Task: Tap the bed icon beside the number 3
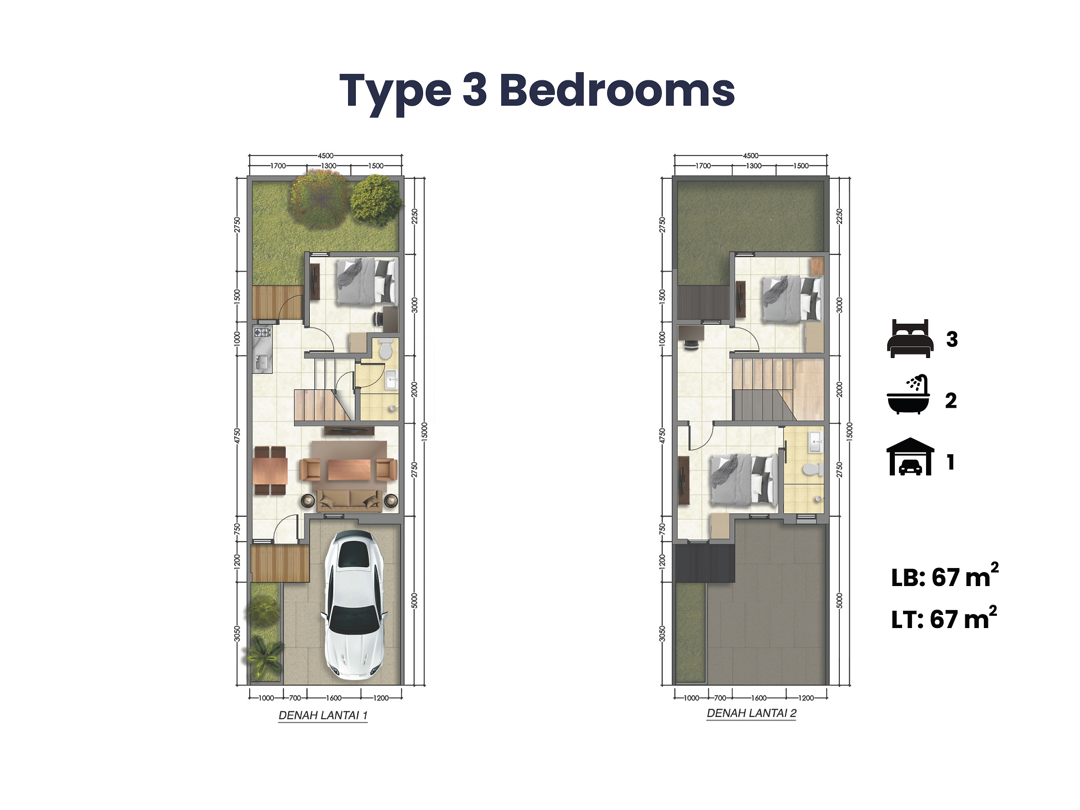tap(910, 338)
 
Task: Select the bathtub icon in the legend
tap(908, 395)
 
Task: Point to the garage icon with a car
tap(910, 456)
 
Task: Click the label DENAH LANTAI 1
tap(323, 715)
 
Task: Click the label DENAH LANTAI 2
tap(751, 713)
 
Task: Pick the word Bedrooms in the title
tap(617, 90)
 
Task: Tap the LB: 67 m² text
tap(945, 576)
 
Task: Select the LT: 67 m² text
tap(944, 619)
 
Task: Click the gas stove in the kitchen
tap(262, 333)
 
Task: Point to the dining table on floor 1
tap(270, 470)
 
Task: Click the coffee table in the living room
tap(349, 470)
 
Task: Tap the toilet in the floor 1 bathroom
tap(386, 349)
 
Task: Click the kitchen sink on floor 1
tap(262, 362)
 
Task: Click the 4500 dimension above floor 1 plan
tap(326, 156)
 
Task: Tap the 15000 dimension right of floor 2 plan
tap(849, 432)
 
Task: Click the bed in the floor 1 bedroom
tap(366, 282)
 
